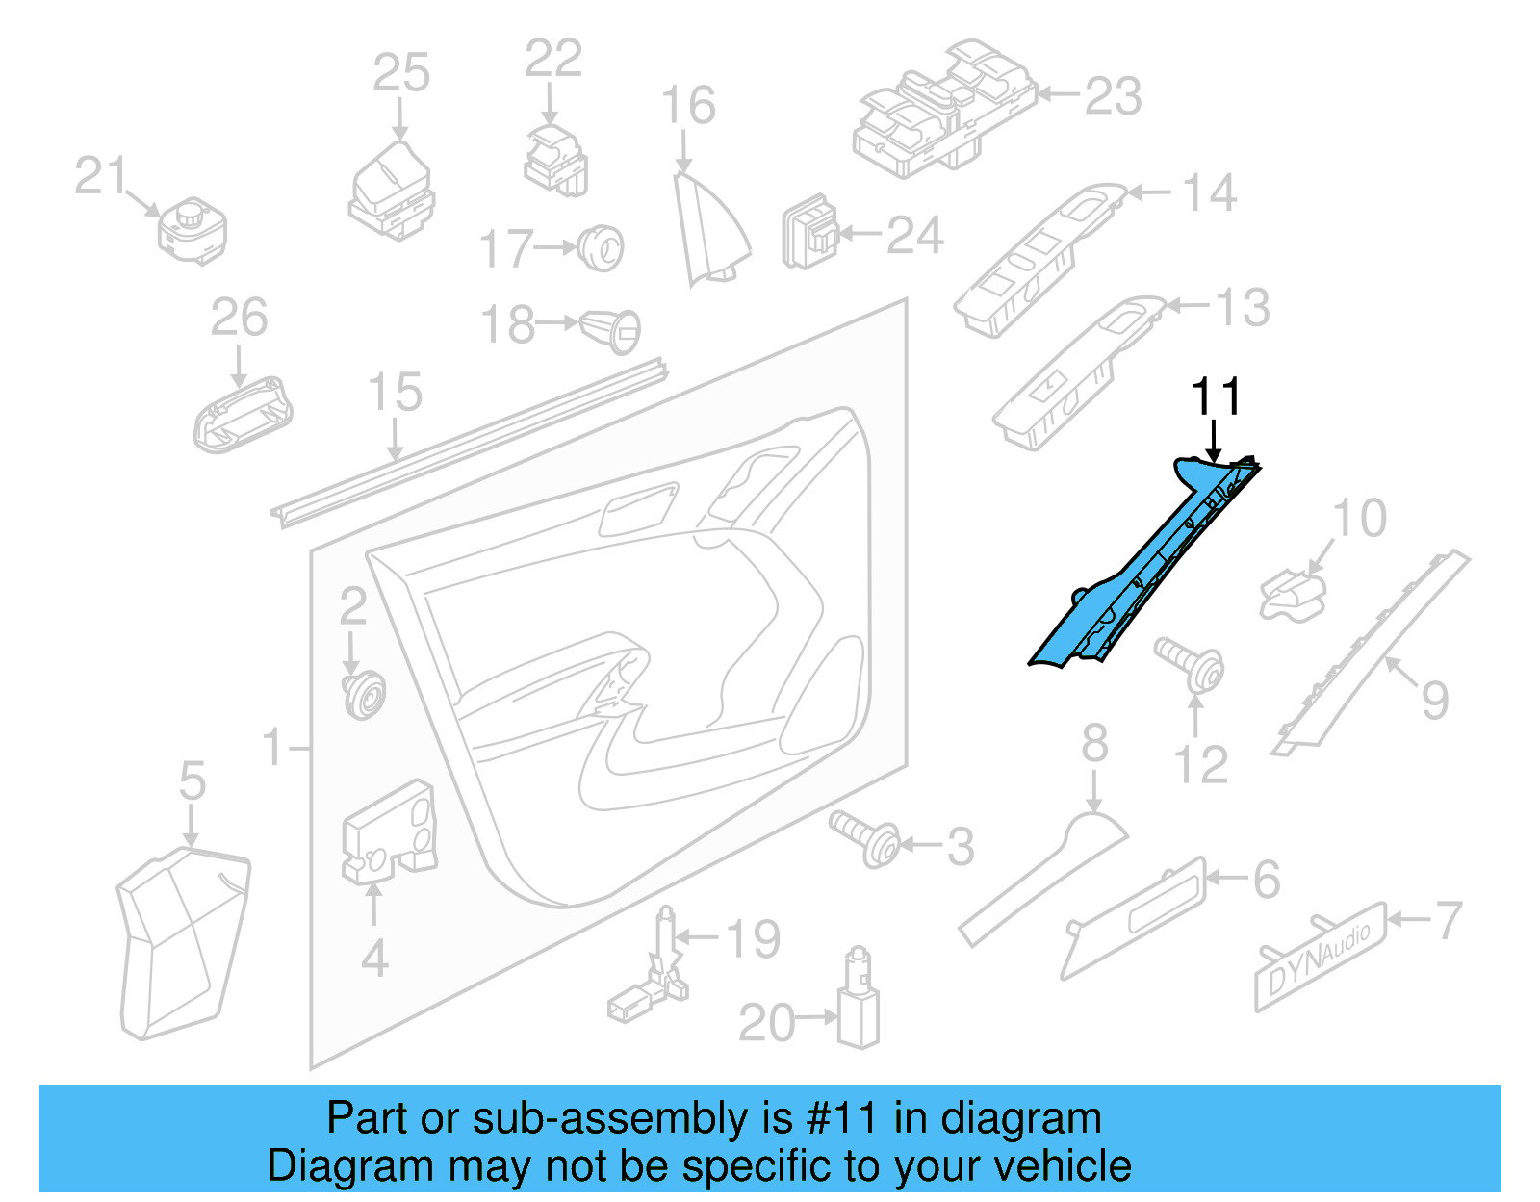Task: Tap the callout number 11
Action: click(1216, 396)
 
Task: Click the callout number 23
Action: click(1113, 96)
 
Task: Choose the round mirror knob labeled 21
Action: click(192, 231)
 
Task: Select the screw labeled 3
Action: click(866, 838)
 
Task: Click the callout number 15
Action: click(395, 393)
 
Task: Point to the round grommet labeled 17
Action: click(603, 247)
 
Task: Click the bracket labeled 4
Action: click(391, 833)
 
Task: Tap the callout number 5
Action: click(192, 780)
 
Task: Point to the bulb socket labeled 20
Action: click(858, 1002)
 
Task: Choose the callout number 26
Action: click(239, 318)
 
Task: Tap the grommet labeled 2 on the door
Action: click(364, 694)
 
